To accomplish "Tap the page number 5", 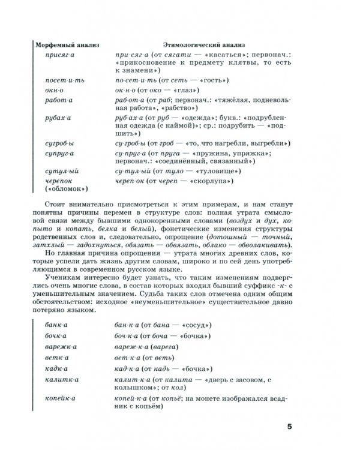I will (x=289, y=427).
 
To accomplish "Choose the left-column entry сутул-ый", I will (x=61, y=171).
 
